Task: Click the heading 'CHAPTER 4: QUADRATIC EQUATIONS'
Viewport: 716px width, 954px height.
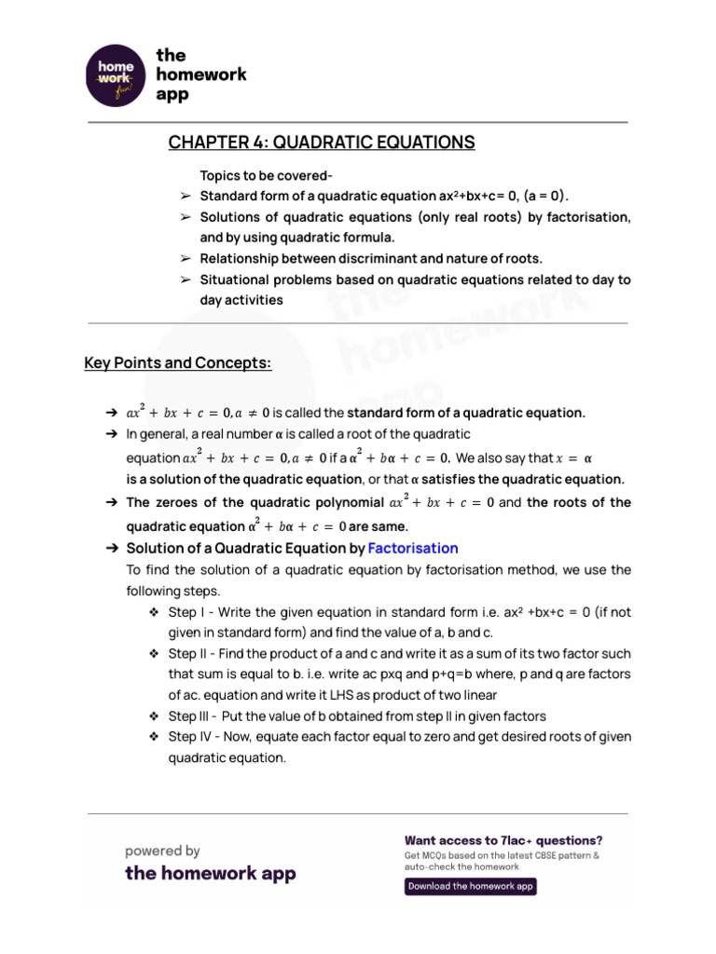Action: [x=322, y=143]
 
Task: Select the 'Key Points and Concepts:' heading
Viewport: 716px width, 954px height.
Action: [x=178, y=362]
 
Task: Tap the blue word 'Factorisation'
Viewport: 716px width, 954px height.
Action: [x=413, y=548]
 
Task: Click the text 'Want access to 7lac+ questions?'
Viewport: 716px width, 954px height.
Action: [x=503, y=839]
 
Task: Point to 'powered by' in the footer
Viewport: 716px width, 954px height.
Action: [x=163, y=851]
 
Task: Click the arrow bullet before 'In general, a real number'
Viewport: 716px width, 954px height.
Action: [x=111, y=434]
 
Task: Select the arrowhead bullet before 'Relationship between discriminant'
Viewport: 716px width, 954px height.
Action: [x=185, y=258]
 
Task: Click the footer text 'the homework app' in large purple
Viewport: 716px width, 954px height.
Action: [x=210, y=873]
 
